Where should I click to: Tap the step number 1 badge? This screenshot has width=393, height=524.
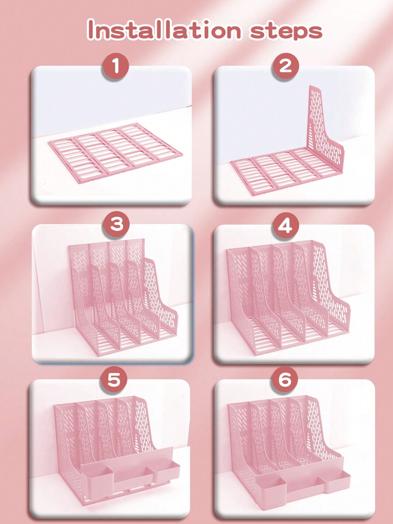click(x=116, y=67)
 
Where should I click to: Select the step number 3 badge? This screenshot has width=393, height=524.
click(x=116, y=225)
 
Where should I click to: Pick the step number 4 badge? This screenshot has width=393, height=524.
click(x=285, y=226)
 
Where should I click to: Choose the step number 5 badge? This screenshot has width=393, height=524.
click(x=114, y=380)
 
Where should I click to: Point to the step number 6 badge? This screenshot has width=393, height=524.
click(x=285, y=380)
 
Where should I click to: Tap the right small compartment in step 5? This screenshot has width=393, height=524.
click(x=166, y=472)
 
